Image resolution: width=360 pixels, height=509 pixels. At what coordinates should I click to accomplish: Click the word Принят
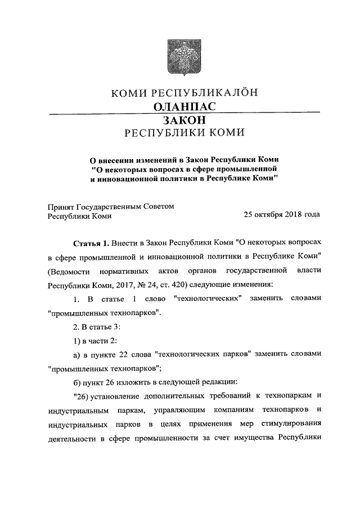pyautogui.click(x=60, y=206)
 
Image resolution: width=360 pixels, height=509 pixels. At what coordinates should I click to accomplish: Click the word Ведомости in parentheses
pyautogui.click(x=69, y=271)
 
